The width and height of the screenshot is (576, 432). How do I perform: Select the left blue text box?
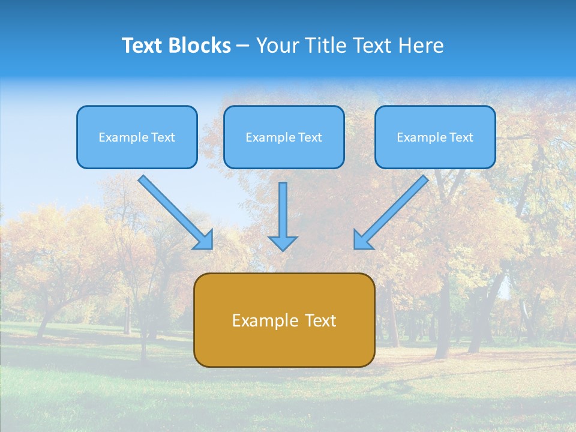coord(137,137)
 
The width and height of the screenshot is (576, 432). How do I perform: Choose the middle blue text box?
coord(284,137)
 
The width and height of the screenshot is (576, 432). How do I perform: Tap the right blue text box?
coord(435,137)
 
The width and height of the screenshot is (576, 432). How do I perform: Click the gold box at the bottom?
coord(284,320)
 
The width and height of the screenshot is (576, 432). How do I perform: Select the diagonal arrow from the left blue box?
coord(175,212)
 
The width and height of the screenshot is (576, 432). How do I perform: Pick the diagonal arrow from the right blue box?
coord(392,212)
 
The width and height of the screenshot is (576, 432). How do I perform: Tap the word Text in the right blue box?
coord(461,137)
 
